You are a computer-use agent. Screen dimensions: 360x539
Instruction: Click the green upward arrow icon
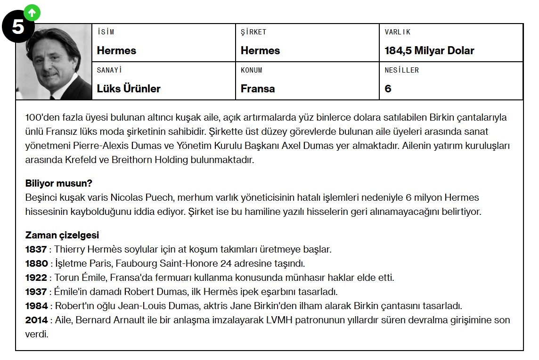coord(32,13)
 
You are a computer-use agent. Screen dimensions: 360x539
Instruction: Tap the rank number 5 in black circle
coord(18,26)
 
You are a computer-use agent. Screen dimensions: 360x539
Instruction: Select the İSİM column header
coord(106,32)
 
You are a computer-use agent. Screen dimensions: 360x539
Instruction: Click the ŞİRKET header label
coord(253,32)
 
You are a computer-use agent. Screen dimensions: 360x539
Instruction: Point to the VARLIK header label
coord(398,32)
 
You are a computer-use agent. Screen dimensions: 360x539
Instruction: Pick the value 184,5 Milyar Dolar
coord(429,50)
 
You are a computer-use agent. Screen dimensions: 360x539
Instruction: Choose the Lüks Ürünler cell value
coord(129,89)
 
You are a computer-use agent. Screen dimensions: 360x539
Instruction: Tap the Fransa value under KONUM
coord(258,89)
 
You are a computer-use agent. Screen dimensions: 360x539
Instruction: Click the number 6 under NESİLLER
coord(388,89)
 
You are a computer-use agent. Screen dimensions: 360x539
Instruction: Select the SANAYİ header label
coord(109,70)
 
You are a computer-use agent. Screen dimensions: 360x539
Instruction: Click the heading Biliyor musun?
coord(58,183)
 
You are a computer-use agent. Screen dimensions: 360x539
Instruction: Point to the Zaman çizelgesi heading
coord(62,235)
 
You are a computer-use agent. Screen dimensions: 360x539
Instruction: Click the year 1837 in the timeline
coord(36,249)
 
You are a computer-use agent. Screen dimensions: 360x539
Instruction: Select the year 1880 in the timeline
coord(36,263)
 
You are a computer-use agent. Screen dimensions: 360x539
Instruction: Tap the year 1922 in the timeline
coord(36,278)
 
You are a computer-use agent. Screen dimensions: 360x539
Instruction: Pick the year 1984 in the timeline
coord(36,306)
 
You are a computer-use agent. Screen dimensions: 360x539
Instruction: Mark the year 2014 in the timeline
coord(36,320)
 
